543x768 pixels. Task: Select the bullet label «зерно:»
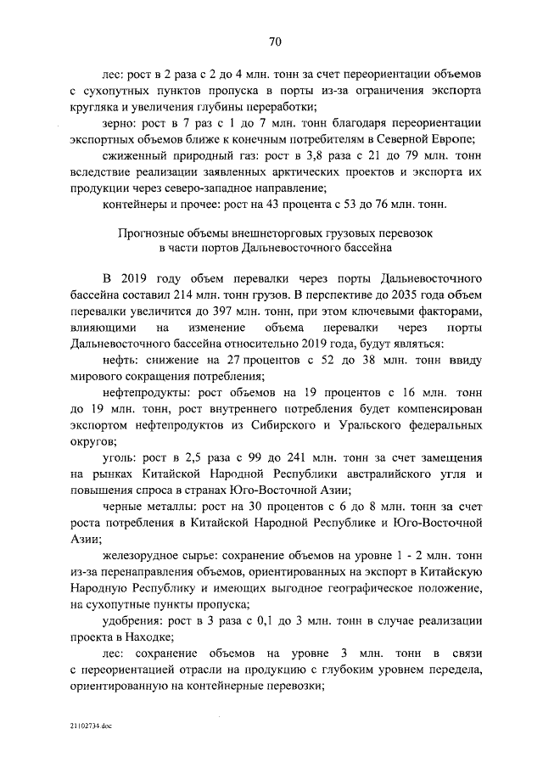click(x=120, y=124)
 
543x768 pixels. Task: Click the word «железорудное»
click(x=141, y=555)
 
